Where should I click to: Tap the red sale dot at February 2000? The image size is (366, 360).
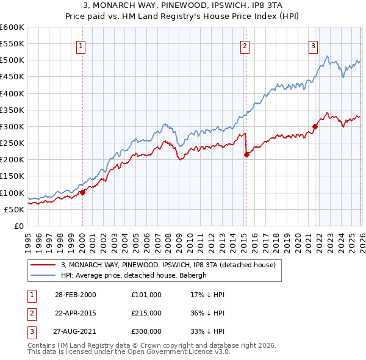[x=82, y=192]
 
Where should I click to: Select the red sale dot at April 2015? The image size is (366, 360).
[x=246, y=154]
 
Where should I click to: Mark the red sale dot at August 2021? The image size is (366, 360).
[x=315, y=127]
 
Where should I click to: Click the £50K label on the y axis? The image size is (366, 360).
[x=15, y=209]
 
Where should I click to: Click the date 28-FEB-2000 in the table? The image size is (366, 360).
[x=75, y=295]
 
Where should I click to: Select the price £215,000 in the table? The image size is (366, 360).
[x=146, y=313]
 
